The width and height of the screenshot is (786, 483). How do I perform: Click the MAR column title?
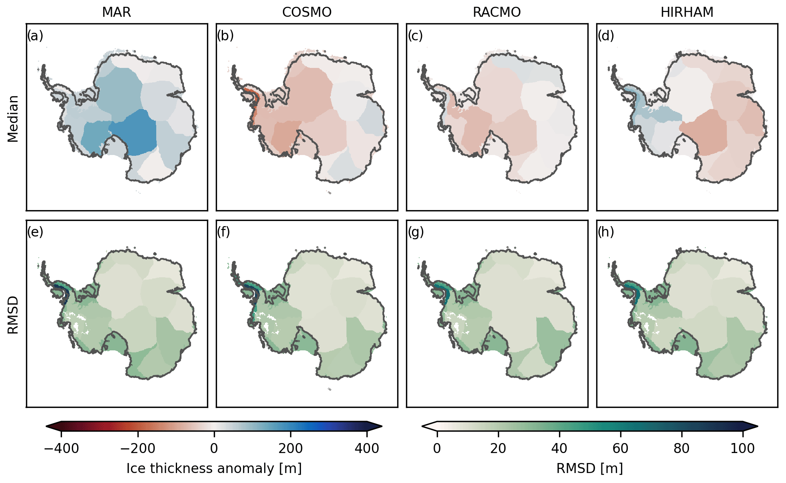point(116,12)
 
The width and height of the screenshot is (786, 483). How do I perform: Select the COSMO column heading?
point(306,12)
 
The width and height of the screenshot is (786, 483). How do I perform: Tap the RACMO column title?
point(497,12)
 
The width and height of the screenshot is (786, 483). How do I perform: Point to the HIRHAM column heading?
point(687,12)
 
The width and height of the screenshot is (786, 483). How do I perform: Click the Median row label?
point(13,119)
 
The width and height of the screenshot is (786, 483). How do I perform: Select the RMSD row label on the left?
point(13,315)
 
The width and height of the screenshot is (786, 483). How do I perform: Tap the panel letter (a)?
point(35,36)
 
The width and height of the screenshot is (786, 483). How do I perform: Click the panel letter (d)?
point(606,36)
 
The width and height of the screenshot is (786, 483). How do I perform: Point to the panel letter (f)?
point(223,232)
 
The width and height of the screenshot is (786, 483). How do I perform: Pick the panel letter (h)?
point(606,232)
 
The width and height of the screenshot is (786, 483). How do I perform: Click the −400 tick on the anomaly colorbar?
point(61,448)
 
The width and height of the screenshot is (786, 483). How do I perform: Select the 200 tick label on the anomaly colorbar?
point(291,448)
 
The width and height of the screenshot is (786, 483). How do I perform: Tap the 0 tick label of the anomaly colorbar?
point(214,448)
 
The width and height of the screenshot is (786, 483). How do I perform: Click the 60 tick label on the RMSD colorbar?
point(620,448)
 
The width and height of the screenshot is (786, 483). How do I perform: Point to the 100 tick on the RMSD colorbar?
point(742,448)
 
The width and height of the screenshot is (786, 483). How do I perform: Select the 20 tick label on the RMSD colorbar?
point(498,448)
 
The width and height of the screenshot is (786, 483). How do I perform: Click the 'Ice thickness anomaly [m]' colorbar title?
point(214,468)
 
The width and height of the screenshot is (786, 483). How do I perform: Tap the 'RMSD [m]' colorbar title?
point(589,468)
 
